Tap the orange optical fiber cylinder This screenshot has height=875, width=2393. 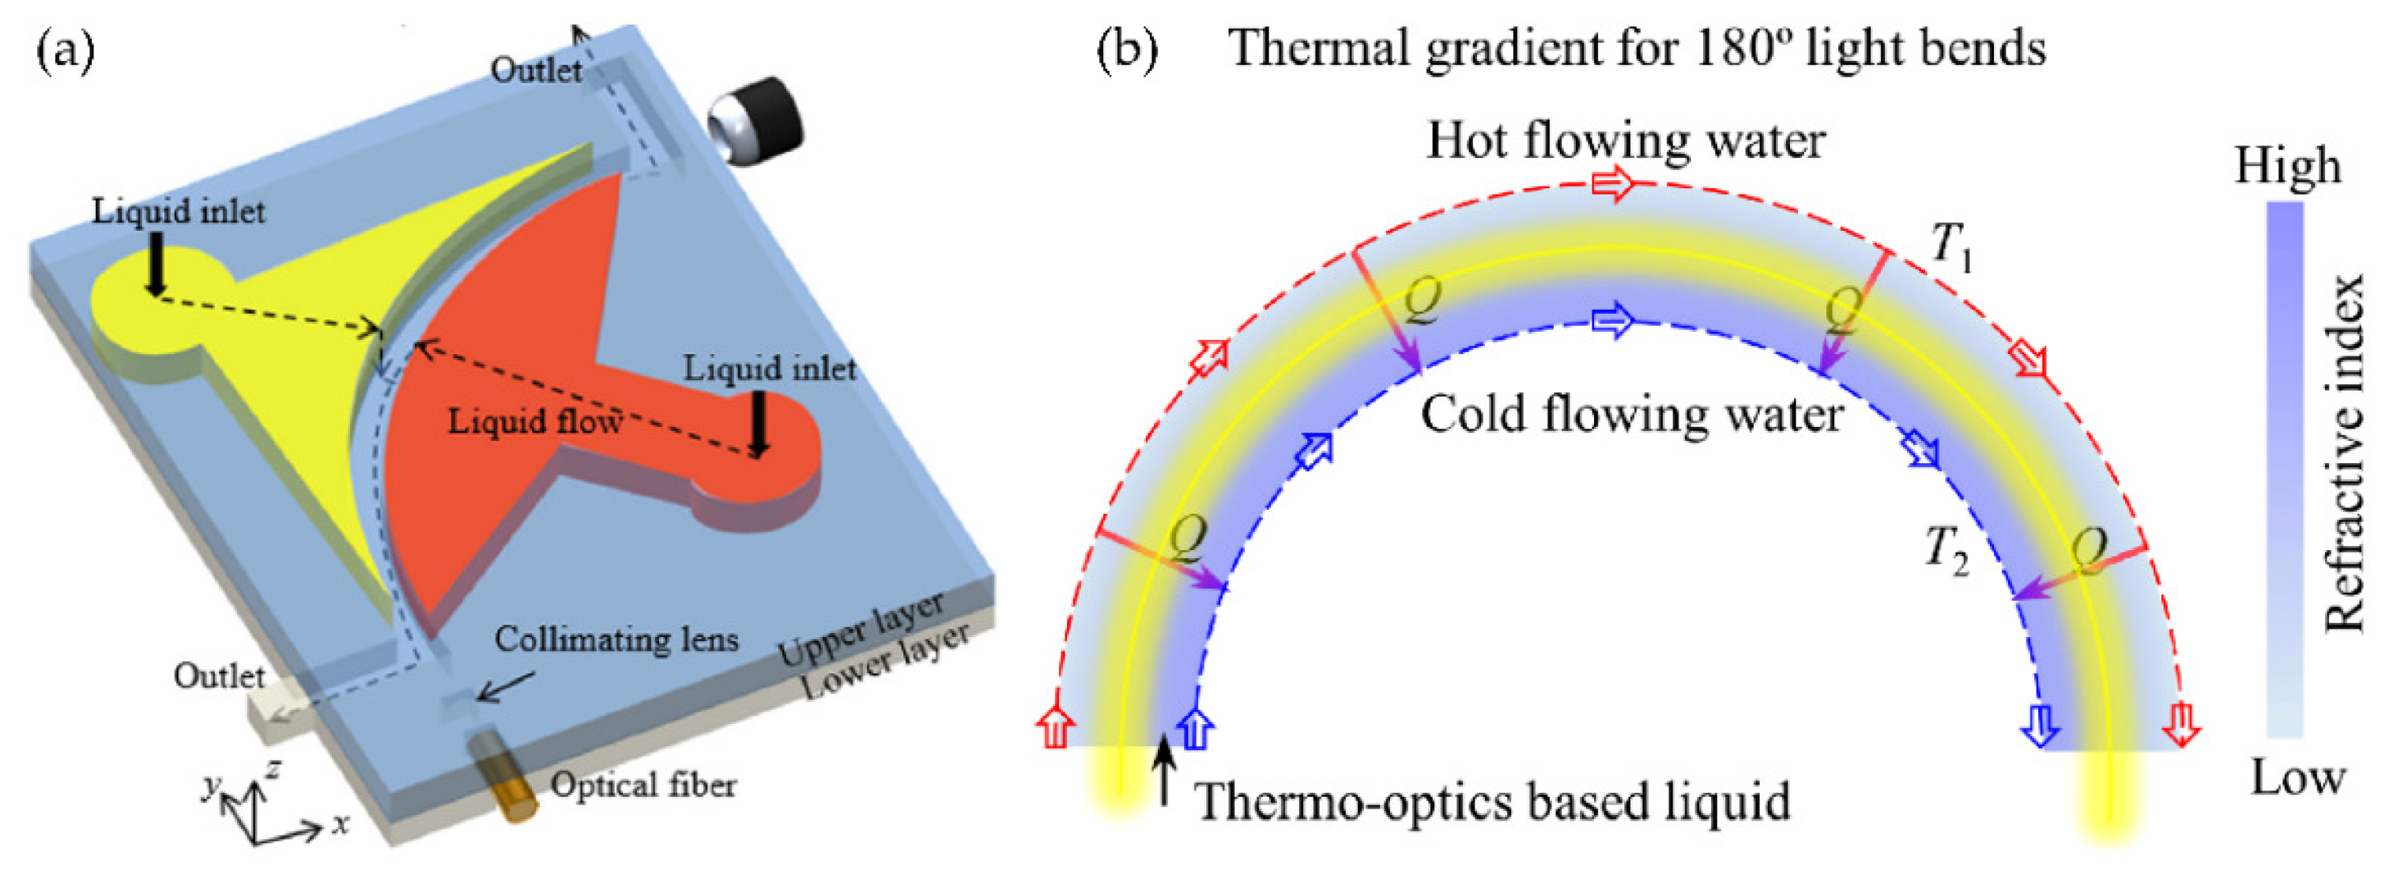click(502, 775)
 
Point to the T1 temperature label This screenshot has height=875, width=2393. click(1950, 248)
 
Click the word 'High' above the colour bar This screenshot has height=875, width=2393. click(2286, 168)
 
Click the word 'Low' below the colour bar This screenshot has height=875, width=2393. click(2297, 778)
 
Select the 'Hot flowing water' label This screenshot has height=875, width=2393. click(1626, 141)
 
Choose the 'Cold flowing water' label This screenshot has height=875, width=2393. click(1631, 414)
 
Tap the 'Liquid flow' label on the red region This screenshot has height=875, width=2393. click(535, 422)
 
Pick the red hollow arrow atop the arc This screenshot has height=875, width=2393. click(1613, 184)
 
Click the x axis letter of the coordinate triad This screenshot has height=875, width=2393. click(341, 824)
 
